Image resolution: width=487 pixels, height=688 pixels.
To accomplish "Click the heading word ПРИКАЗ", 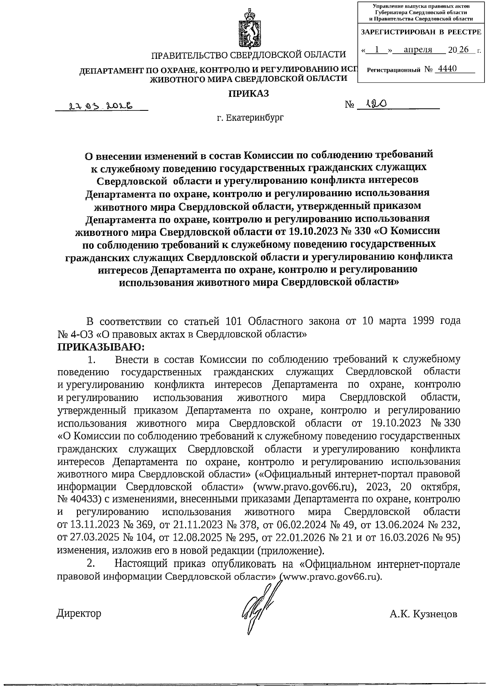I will point(249,94).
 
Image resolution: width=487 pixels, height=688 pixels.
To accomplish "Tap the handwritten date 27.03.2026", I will point(102,106).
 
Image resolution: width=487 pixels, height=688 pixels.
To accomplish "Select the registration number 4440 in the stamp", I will point(445,69).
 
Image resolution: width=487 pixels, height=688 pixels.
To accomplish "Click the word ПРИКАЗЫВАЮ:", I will point(102,347).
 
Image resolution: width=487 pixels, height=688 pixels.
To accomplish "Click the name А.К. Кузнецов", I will point(423,614).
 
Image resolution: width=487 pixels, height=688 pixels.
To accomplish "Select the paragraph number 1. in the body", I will point(91,360).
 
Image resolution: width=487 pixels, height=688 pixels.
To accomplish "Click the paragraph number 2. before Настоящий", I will point(91,564).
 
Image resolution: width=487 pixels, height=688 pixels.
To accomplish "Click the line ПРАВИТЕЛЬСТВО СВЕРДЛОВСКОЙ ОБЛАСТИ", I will point(248,55).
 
